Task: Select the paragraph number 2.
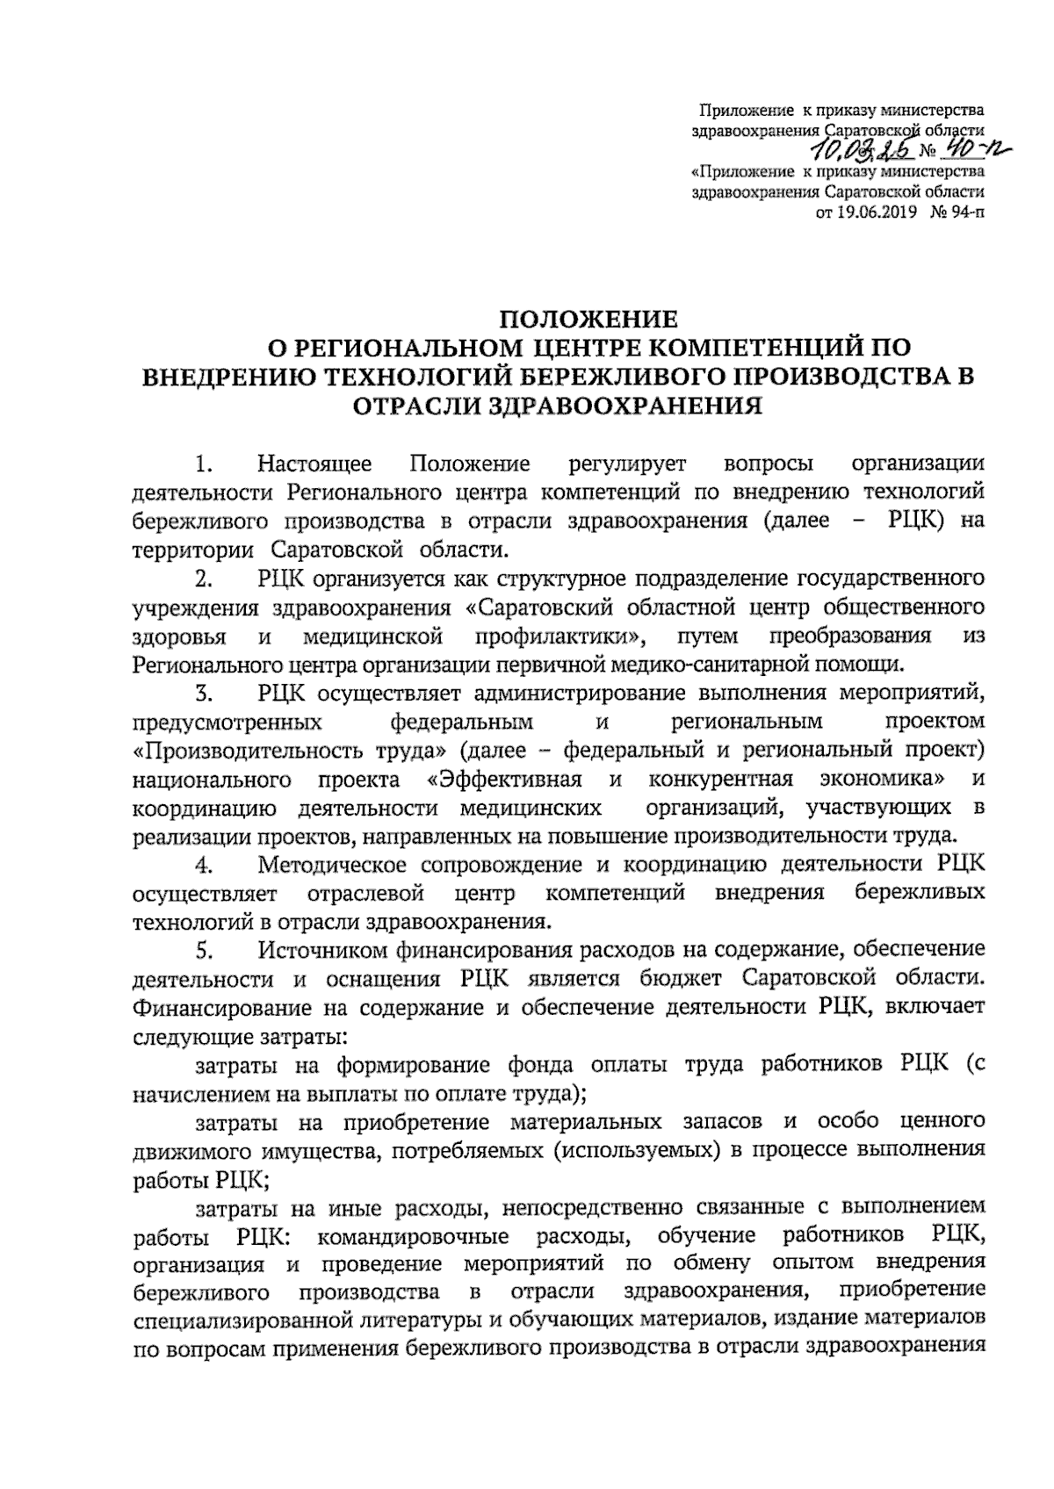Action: [205, 579]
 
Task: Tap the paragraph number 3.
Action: [205, 694]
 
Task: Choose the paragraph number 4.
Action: [205, 865]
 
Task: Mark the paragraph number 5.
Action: [205, 950]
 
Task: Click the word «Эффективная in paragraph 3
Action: [504, 780]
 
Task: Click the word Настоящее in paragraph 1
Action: [315, 463]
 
